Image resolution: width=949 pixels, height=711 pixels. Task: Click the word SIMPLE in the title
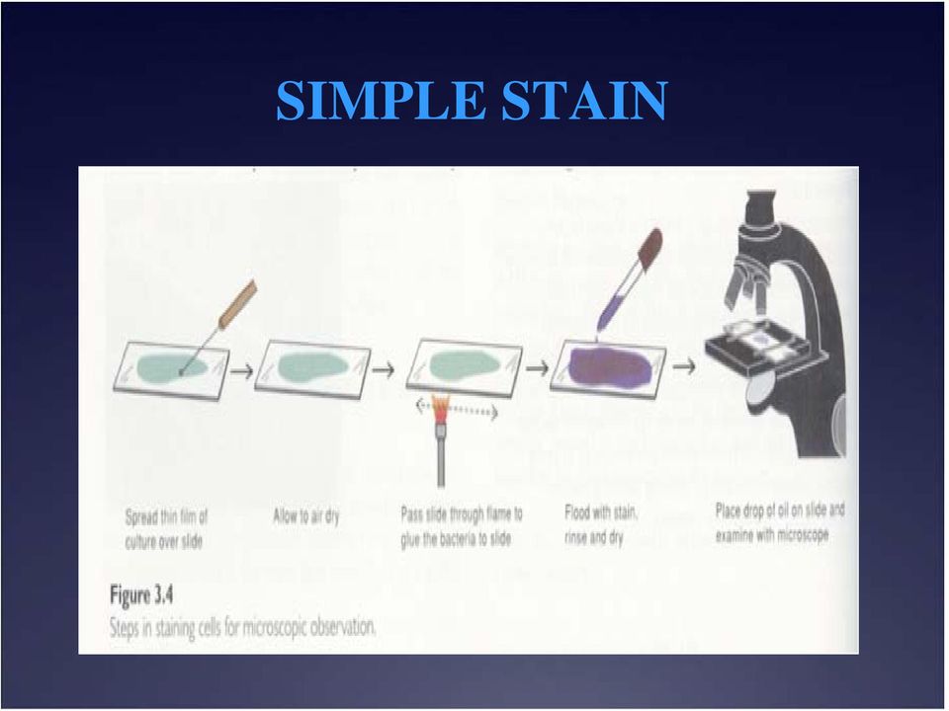382,101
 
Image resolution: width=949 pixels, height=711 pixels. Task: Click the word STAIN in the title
584,101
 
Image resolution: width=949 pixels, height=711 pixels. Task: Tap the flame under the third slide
441,408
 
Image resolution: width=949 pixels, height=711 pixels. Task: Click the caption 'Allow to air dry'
306,516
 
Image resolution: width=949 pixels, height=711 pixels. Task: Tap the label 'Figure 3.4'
141,595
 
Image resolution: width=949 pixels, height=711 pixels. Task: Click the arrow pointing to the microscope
684,366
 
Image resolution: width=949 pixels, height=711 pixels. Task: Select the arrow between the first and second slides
241,370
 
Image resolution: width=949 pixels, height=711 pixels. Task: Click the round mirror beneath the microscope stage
761,387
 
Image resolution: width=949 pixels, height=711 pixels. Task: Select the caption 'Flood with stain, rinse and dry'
600,524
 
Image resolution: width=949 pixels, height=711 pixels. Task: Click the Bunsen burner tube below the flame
441,454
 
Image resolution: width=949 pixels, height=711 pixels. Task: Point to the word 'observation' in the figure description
342,628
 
